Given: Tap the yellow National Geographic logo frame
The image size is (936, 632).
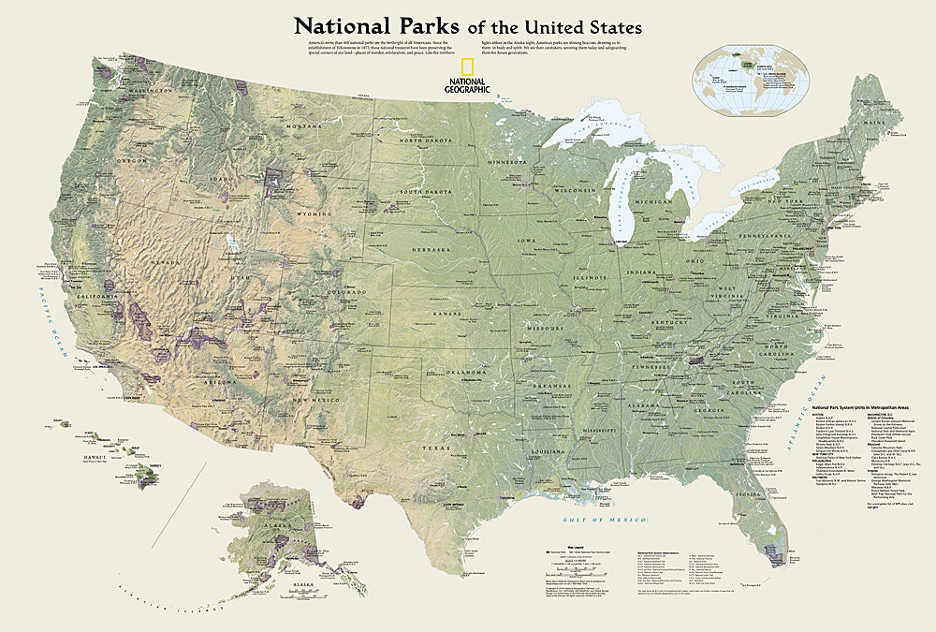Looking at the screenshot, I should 465,66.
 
